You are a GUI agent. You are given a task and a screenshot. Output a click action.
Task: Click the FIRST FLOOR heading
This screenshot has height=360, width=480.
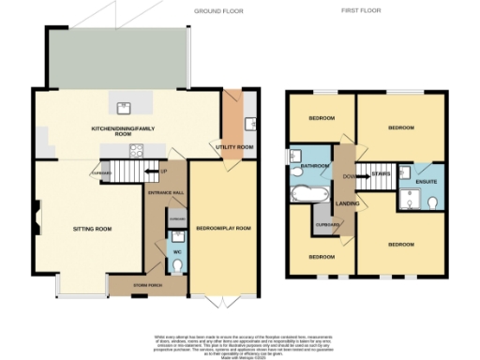[362, 10]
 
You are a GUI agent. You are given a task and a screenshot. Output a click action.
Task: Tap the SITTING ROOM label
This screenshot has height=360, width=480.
[92, 229]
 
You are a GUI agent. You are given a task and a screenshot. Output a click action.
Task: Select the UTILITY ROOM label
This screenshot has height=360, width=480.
[233, 147]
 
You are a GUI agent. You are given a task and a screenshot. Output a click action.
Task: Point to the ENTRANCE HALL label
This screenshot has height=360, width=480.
[166, 192]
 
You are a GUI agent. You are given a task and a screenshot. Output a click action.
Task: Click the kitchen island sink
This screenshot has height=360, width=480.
[122, 107]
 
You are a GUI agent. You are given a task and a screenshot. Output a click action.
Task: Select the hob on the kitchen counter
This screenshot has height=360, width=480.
[135, 154]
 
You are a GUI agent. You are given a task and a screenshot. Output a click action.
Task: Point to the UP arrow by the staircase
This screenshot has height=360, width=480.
[164, 171]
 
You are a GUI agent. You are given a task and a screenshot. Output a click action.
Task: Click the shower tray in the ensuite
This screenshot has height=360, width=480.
[410, 199]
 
